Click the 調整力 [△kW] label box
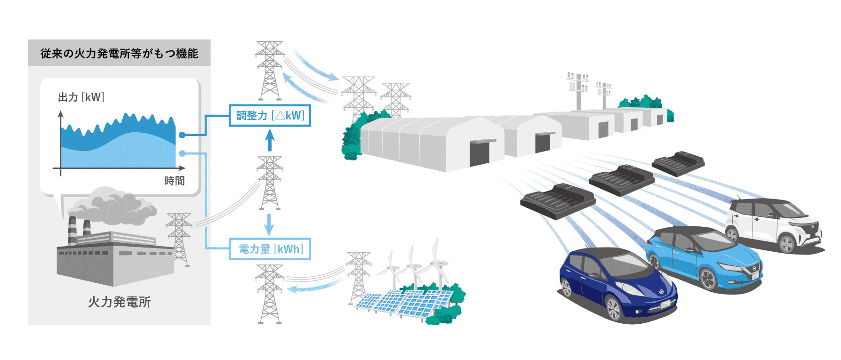(270, 115)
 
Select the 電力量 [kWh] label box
(270, 248)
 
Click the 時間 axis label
(174, 181)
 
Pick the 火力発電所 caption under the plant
(119, 302)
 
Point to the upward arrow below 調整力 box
(269, 140)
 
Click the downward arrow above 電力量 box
(269, 224)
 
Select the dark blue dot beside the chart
(182, 135)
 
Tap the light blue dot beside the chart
(182, 153)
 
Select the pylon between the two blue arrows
(269, 183)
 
